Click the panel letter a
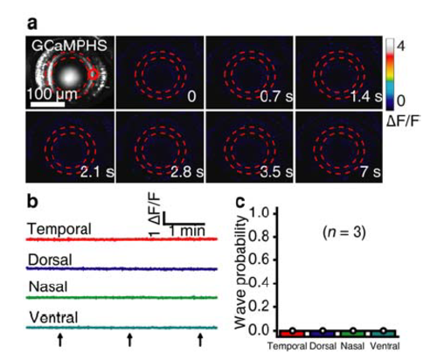point(32,24)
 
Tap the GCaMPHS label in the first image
point(69,45)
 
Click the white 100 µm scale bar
point(47,104)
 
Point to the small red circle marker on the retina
point(94,75)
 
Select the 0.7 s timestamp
point(276,96)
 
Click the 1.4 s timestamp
point(366,96)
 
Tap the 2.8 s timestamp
point(187,172)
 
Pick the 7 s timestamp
point(371,172)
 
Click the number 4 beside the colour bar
point(401,45)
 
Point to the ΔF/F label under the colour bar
point(404,122)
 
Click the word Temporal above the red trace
point(59,229)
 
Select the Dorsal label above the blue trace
point(50,260)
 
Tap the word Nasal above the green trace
point(48,287)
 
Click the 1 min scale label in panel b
point(187,231)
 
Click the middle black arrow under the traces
point(129,340)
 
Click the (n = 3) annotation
point(344,232)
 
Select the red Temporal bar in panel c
point(293,334)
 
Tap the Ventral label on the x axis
point(385,346)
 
